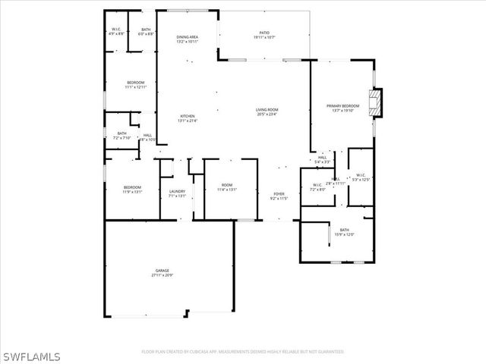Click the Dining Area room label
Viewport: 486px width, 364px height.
click(187, 39)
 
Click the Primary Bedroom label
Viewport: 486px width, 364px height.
click(342, 108)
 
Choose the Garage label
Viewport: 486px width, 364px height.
click(163, 272)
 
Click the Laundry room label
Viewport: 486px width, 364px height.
click(177, 193)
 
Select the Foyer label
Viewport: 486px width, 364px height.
click(279, 196)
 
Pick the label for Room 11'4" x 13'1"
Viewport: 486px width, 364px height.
click(227, 188)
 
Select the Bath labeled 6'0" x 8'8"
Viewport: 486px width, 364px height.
click(146, 32)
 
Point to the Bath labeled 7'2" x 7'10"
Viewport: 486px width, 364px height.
click(122, 136)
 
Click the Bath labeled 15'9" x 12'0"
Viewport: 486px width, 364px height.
click(344, 232)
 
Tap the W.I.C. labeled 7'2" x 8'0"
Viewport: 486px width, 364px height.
click(318, 187)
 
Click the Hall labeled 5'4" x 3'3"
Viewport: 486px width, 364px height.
click(323, 159)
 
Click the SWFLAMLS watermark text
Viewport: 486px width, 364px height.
click(30, 355)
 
